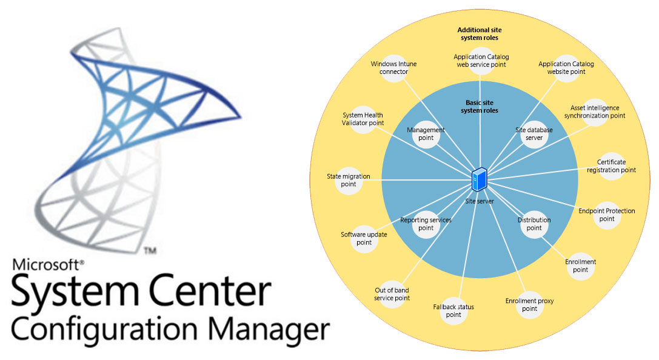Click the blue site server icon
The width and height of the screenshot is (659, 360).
pos(480,179)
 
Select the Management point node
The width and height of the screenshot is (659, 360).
pos(426,134)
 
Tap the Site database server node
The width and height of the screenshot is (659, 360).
pos(534,134)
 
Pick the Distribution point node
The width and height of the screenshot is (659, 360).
pos(534,224)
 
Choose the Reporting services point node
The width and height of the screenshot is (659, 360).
pos(426,224)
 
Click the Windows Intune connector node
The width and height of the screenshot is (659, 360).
pos(394,68)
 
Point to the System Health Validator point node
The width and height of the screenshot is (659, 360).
pos(363,119)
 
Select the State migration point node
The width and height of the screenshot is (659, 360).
pos(349,181)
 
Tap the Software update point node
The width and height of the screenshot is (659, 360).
pos(364,238)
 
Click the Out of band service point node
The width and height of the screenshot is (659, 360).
pos(392,294)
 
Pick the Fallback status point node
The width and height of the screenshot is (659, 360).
pos(453,311)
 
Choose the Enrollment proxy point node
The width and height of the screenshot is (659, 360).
pos(529,305)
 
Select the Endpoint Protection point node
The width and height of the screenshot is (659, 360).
pos(607,215)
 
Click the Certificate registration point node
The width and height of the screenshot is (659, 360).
pos(611,166)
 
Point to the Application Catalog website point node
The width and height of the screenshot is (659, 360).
pos(566,68)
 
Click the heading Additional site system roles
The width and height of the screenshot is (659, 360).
pos(480,33)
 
